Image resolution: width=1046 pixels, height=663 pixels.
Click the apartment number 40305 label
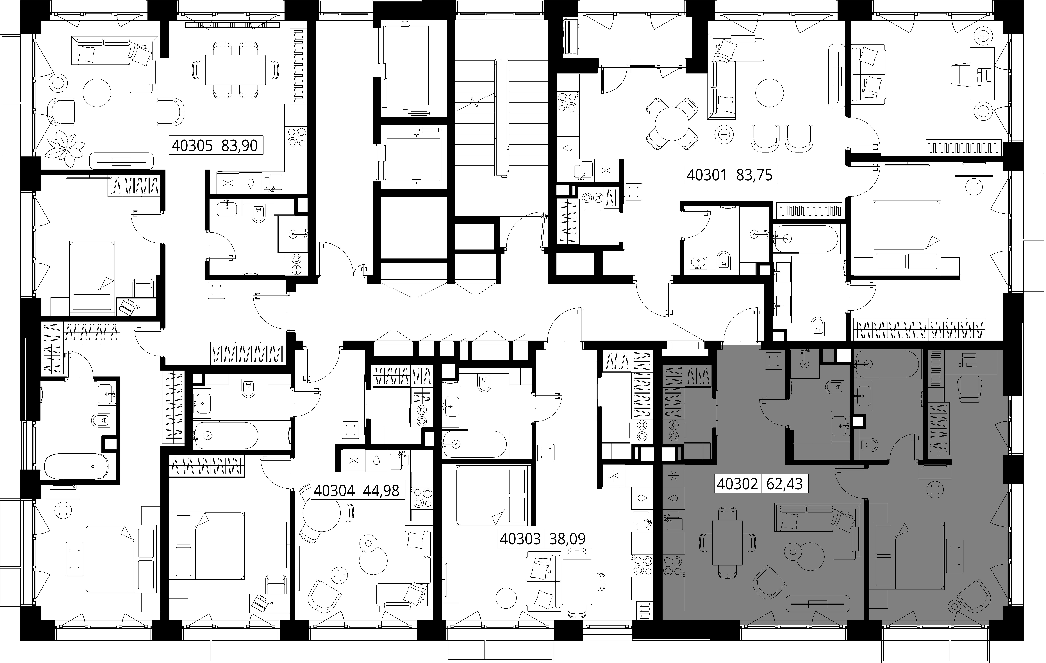click(x=192, y=145)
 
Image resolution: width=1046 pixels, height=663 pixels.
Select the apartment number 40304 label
click(x=334, y=491)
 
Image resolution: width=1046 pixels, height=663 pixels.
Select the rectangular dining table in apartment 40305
click(x=235, y=70)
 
